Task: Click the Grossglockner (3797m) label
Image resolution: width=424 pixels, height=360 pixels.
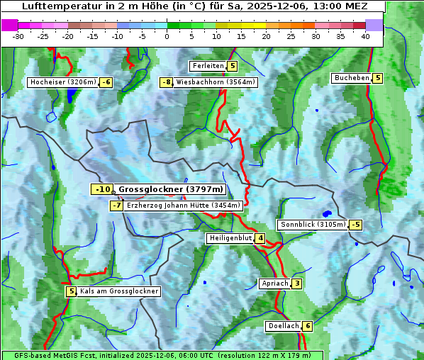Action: tap(171, 189)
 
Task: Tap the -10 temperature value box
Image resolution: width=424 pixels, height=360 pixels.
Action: tap(102, 189)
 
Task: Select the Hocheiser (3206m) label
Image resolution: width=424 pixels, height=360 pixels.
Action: tap(62, 82)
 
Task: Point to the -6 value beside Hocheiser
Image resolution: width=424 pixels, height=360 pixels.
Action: tap(106, 82)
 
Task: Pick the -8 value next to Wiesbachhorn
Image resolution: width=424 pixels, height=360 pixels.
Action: tap(167, 82)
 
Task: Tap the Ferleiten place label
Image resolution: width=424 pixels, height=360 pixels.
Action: tap(208, 66)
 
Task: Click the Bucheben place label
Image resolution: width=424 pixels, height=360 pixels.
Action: tap(352, 78)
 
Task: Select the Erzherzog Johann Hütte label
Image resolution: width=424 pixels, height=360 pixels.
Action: tap(184, 206)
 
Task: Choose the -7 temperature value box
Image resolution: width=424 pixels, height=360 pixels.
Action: tap(117, 206)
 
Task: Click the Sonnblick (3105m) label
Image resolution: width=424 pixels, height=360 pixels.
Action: tap(313, 225)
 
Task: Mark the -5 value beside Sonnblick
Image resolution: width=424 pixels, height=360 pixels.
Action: tap(355, 225)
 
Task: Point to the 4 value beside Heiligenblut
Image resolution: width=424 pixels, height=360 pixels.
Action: tap(260, 238)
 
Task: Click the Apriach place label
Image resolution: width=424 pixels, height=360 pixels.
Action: tap(274, 283)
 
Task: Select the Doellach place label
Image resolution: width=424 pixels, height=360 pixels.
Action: tap(283, 326)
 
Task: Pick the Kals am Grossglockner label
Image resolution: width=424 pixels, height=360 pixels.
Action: tap(118, 291)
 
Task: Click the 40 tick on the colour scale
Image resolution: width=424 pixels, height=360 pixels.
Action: tap(365, 36)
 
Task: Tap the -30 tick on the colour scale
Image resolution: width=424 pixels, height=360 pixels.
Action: tap(18, 36)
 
